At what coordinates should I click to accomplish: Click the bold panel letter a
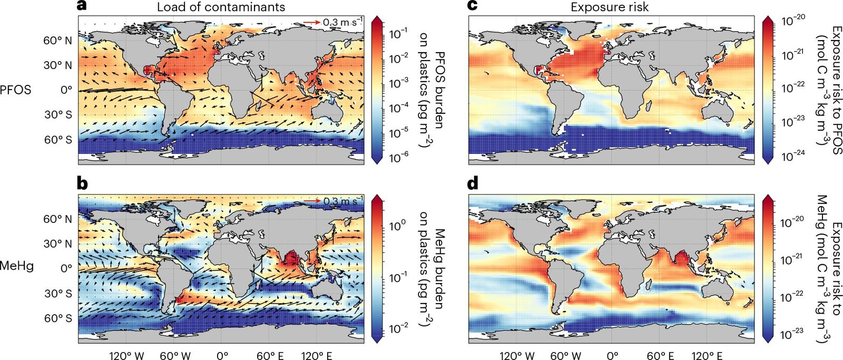click(82, 6)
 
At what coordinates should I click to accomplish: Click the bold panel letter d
click(474, 185)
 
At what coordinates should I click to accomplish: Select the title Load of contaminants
click(221, 7)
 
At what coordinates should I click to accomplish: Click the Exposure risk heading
click(610, 7)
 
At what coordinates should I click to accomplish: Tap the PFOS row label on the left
click(16, 90)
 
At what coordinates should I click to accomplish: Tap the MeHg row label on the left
click(16, 265)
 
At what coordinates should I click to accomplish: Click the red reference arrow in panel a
click(311, 22)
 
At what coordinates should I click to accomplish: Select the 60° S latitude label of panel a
click(58, 140)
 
